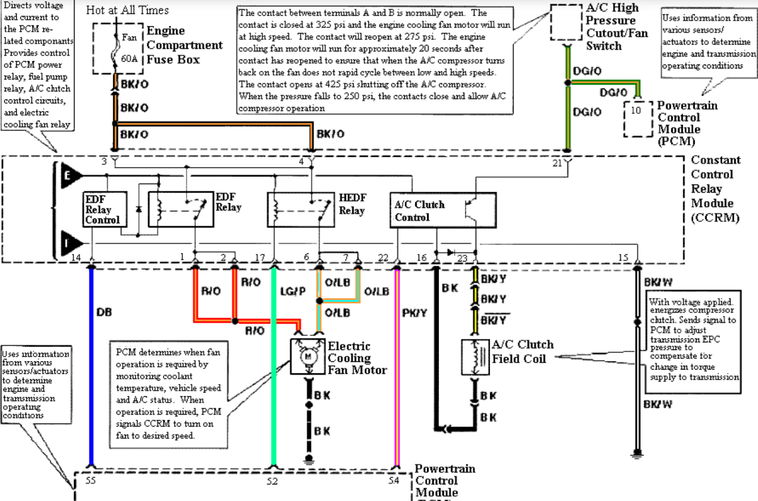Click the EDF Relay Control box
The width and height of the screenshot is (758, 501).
[x=105, y=209]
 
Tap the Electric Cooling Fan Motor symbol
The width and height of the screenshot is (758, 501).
[x=308, y=357]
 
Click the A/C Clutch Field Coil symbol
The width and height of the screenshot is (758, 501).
[x=475, y=357]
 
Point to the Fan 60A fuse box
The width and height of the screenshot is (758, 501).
[x=118, y=48]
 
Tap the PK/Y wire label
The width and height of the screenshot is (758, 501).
[x=414, y=313]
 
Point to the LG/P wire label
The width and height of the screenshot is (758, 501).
[x=292, y=291]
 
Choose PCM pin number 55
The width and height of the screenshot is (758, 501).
[x=90, y=480]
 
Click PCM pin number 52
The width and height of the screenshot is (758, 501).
[x=272, y=481]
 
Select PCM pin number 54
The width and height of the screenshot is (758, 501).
[x=394, y=480]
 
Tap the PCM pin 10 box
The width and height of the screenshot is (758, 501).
[x=638, y=118]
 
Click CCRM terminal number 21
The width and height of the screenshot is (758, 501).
[x=557, y=163]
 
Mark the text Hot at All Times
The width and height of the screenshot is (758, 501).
[x=127, y=10]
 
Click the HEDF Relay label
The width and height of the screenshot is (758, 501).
[x=352, y=204]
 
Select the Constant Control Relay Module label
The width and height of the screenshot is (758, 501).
[x=715, y=189]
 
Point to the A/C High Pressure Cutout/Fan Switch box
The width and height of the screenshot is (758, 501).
[x=566, y=22]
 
